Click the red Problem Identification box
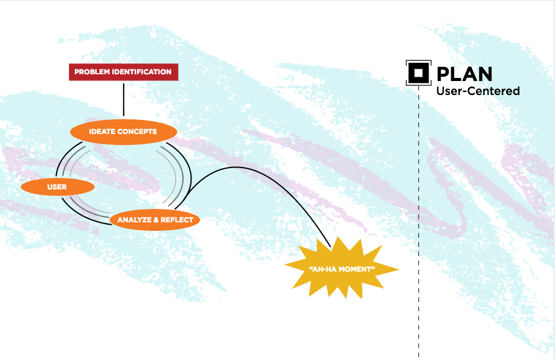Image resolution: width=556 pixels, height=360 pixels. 123,72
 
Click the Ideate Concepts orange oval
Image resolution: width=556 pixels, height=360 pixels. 123,132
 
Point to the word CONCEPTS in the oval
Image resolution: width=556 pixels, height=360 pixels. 138,132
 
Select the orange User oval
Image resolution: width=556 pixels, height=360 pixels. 57,186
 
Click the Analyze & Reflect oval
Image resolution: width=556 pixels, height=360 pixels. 155,220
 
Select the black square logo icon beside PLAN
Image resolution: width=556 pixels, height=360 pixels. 418,74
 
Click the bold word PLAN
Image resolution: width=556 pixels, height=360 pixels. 465,74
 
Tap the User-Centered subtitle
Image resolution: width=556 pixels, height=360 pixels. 477,91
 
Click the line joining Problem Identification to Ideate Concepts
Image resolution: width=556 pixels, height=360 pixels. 124,99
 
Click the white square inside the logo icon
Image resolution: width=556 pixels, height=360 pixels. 418,74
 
